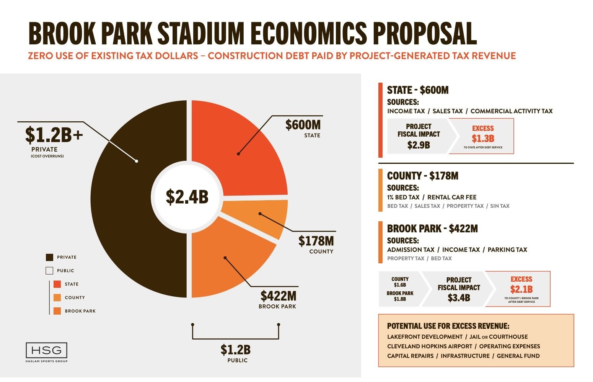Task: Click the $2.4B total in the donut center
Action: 187,197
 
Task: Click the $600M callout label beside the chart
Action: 303,125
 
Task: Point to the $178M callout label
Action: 316,241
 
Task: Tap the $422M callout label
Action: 279,296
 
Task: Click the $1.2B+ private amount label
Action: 54,134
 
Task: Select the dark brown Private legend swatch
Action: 49,257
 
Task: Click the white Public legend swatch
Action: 49,271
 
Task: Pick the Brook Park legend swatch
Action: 57,311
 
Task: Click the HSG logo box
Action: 46,350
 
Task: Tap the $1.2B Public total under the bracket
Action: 235,350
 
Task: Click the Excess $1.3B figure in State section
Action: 483,138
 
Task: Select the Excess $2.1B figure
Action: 521,289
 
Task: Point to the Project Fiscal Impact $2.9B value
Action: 419,145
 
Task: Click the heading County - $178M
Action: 422,176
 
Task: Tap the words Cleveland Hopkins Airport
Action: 430,346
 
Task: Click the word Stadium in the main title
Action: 200,34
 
